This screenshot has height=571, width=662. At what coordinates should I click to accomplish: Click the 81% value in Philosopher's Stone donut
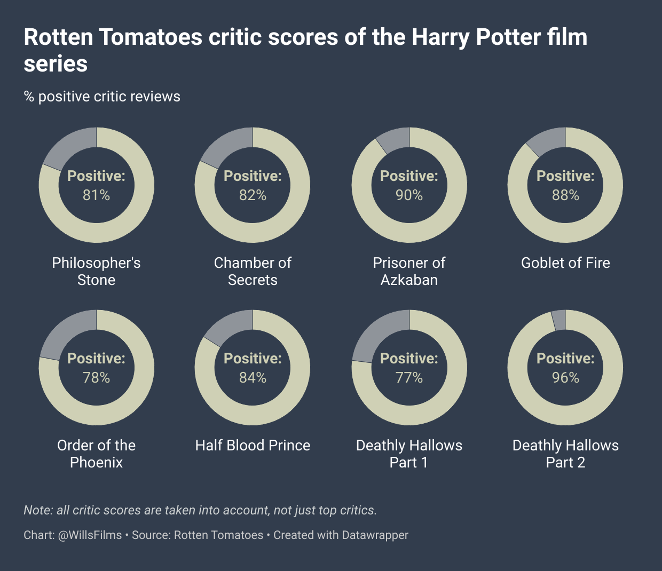(96, 195)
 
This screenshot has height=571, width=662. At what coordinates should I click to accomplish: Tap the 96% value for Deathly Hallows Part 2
(565, 378)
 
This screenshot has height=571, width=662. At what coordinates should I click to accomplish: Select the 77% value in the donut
(409, 378)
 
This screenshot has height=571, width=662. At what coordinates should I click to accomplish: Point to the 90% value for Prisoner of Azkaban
(409, 195)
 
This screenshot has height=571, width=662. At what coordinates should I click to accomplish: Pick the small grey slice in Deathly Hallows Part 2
(559, 320)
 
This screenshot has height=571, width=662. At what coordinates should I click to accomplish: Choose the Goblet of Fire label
(565, 263)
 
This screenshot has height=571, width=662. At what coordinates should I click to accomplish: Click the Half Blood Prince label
(253, 446)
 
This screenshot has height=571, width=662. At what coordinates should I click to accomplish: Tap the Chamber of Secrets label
(253, 271)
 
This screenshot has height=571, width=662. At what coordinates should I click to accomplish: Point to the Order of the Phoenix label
(96, 454)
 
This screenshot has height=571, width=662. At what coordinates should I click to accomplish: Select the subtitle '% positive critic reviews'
(102, 97)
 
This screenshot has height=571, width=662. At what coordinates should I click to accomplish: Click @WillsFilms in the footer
(90, 535)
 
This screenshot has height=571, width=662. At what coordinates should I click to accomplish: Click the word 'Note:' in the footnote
(38, 510)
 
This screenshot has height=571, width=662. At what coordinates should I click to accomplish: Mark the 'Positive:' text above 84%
(253, 359)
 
